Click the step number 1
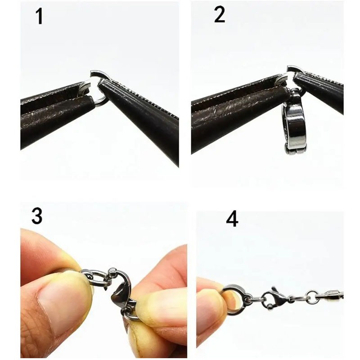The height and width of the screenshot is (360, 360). tap(39, 16)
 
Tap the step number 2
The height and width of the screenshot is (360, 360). tap(219, 15)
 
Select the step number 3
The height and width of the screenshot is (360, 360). tap(37, 216)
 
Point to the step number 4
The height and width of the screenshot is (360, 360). tap(232, 220)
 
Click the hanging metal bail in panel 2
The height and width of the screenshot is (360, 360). tap(294, 121)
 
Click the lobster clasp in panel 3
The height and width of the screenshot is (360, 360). tap(121, 287)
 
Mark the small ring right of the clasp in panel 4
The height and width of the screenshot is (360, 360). tap(311, 296)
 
